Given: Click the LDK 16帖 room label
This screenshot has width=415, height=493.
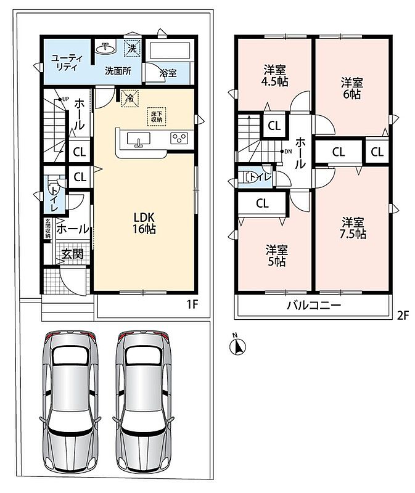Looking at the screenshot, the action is tap(144, 223).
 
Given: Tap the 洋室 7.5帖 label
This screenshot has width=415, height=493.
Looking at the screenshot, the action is tap(353, 228).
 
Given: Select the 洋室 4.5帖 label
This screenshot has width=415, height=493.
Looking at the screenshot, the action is tap(274, 75).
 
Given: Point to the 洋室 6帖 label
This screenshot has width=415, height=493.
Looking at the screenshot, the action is tap(351, 89).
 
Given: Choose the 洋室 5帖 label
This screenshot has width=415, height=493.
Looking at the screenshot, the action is tap(276, 256).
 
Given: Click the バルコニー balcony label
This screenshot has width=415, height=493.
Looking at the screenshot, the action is tap(314, 305).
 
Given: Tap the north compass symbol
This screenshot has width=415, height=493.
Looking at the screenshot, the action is tap(237, 345).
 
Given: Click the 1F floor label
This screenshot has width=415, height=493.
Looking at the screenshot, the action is tap(192, 304).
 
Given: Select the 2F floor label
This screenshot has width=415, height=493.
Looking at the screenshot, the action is tap(403, 316).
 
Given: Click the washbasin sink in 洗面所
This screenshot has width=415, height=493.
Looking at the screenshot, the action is tap(105, 49).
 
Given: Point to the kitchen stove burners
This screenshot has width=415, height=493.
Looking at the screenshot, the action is tap(179, 138).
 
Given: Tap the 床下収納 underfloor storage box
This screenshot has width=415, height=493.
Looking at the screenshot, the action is tap(157, 116).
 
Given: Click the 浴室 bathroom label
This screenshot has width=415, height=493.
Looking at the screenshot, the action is tap(168, 73).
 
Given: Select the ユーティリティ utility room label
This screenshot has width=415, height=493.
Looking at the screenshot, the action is tap(67, 63).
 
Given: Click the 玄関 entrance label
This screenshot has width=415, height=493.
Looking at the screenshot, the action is tap(72, 254).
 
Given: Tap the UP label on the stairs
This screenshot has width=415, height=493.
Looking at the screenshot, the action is tap(65, 99).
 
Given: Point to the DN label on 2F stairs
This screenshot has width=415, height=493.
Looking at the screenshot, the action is tap(288, 151).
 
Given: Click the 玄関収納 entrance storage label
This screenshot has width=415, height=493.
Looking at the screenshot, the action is tap(47, 228).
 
